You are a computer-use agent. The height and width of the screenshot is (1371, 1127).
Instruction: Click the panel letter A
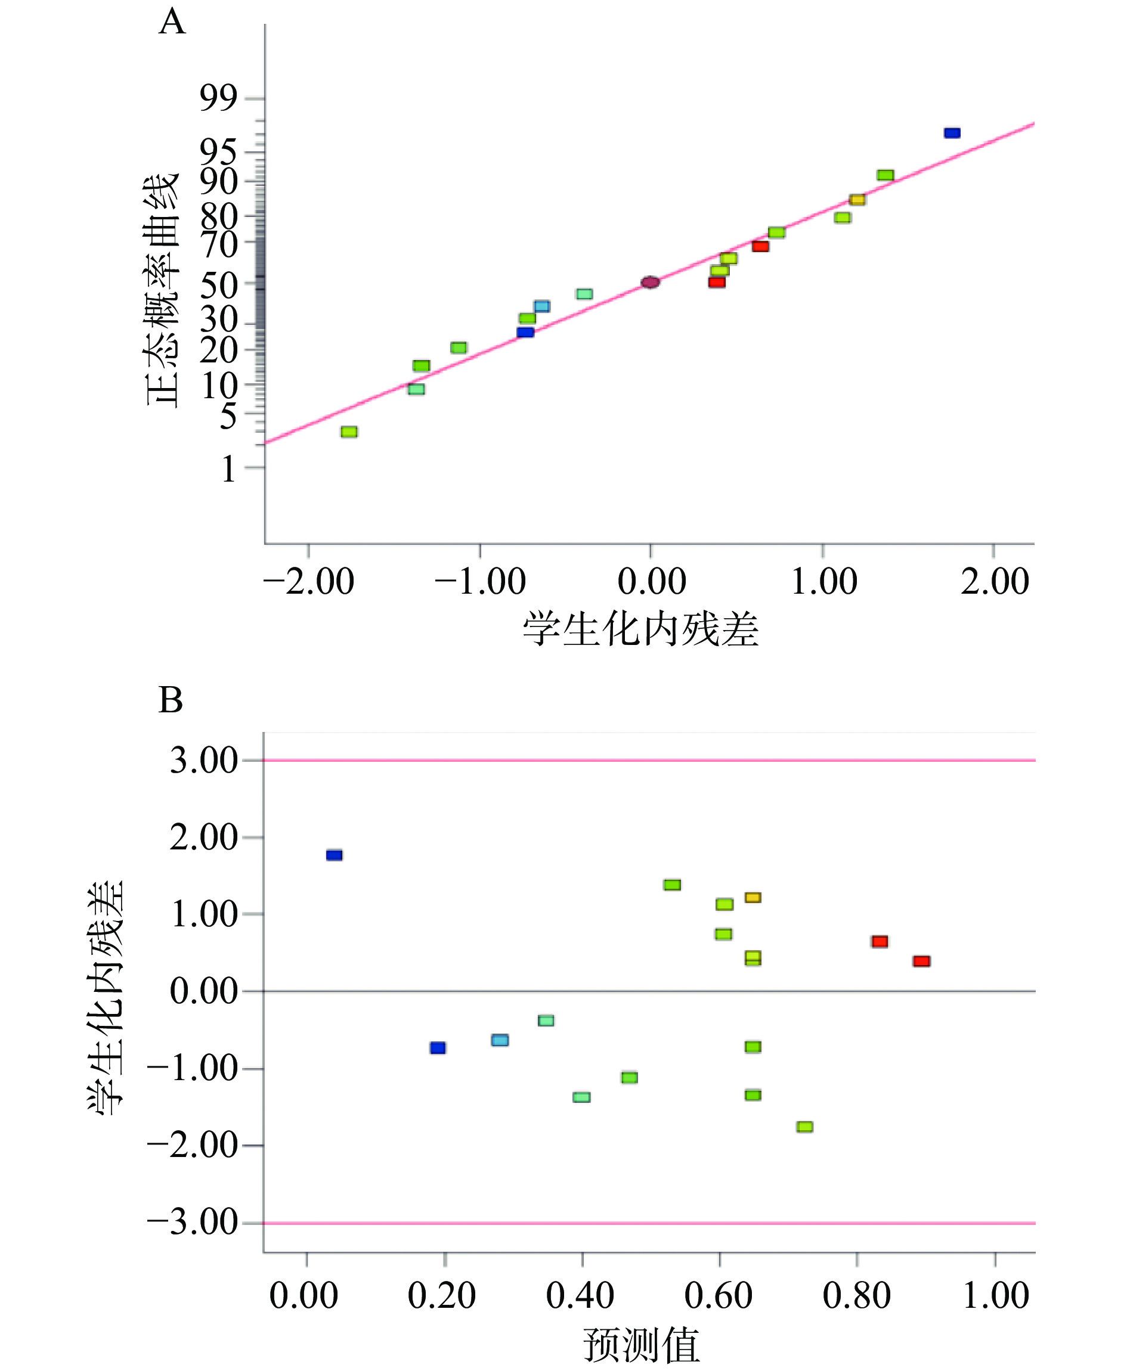point(172,23)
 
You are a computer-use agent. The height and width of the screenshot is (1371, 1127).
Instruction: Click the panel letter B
point(171,701)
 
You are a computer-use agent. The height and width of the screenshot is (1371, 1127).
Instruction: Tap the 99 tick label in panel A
point(218,98)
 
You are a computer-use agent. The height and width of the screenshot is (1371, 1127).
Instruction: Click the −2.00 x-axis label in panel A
point(309,581)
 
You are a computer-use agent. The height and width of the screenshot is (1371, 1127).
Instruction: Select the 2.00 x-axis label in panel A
point(995,581)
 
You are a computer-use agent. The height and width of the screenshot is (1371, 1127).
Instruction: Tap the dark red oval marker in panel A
point(650,282)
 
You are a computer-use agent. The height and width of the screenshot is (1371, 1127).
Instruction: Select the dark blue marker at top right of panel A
point(952,133)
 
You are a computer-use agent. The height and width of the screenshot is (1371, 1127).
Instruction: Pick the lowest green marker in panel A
point(349,432)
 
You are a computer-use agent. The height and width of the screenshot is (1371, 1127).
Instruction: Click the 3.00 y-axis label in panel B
point(204,761)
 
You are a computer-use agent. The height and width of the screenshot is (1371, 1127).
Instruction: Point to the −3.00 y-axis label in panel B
point(193,1223)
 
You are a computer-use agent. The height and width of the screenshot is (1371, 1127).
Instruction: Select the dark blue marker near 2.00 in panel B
point(335,855)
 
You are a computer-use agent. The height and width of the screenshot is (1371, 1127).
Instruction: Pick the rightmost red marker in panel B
point(921,961)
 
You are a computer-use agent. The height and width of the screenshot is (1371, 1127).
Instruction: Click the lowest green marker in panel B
point(804,1127)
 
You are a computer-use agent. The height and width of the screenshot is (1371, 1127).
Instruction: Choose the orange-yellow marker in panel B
point(753,897)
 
